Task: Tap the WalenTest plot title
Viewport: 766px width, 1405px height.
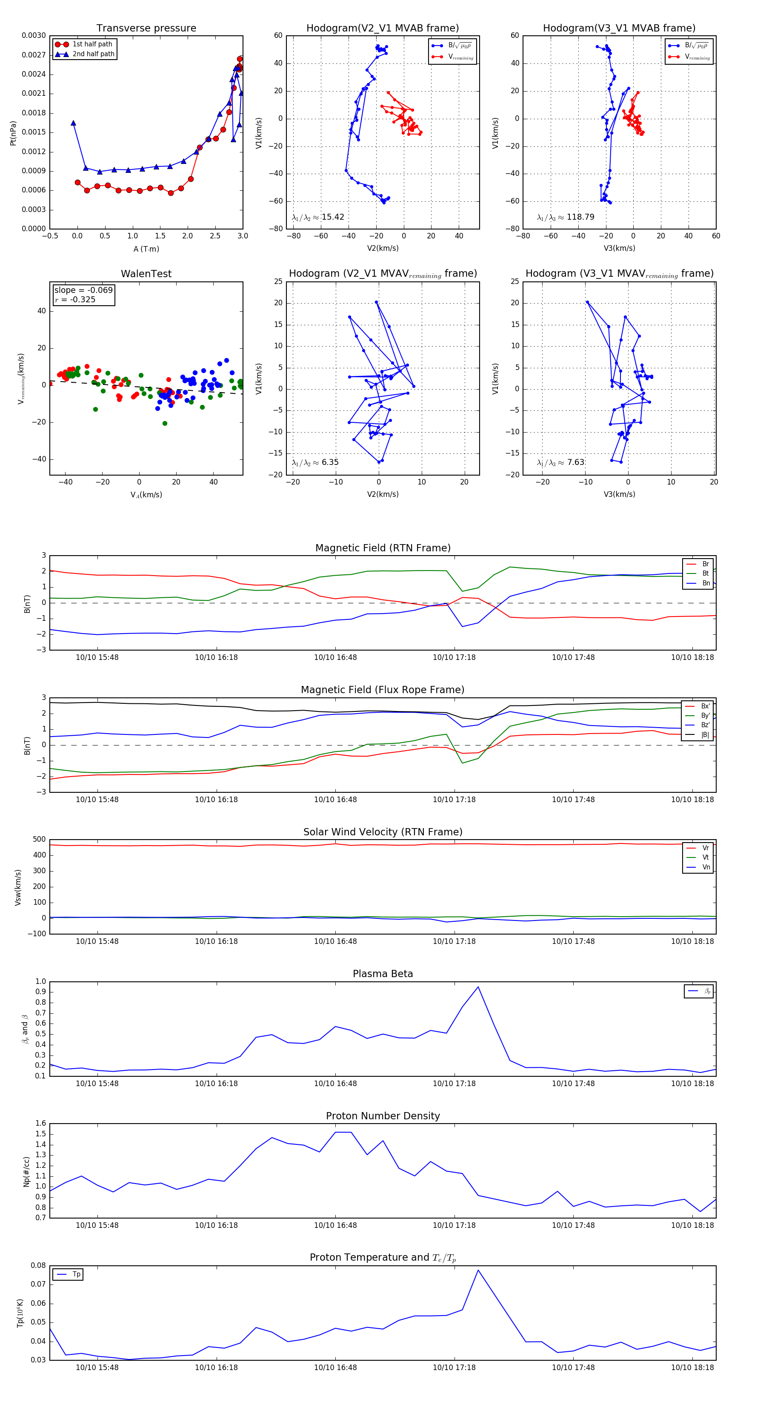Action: click(x=146, y=274)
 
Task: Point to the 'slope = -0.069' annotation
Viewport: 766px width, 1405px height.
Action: click(x=83, y=290)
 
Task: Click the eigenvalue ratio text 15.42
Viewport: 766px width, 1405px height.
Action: click(x=332, y=217)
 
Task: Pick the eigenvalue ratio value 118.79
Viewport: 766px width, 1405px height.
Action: click(x=580, y=217)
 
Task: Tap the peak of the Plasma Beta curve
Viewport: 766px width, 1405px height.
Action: click(x=478, y=986)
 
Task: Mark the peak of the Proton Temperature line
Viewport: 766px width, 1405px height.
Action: click(x=478, y=1270)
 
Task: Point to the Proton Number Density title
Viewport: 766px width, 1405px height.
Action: click(x=383, y=1116)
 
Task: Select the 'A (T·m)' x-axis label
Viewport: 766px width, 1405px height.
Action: click(x=146, y=249)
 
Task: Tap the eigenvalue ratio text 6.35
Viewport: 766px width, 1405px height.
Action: click(x=330, y=462)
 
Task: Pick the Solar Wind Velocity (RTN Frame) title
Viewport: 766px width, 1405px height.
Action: click(x=383, y=832)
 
